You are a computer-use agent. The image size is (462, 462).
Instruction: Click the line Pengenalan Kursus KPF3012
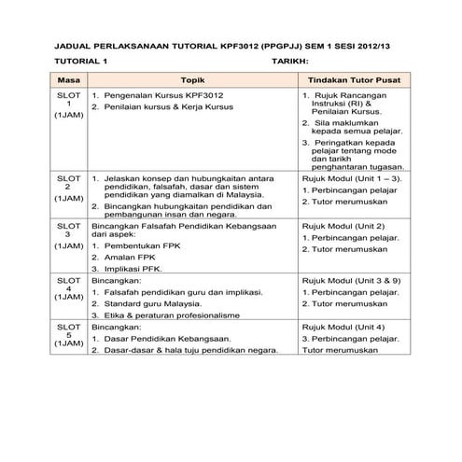[159, 95]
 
